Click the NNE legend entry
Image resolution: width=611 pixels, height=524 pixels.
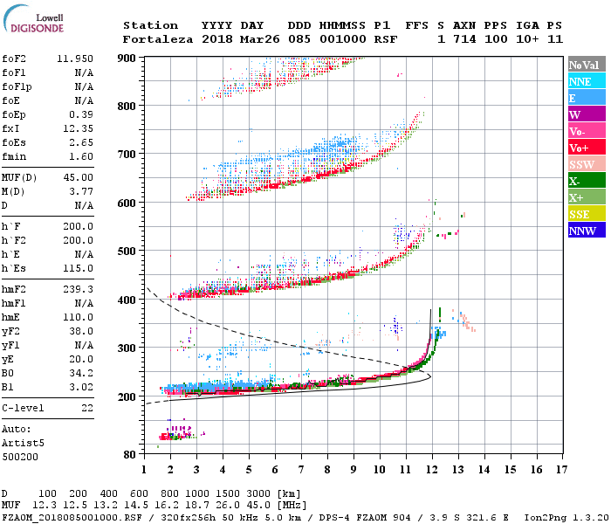(586, 81)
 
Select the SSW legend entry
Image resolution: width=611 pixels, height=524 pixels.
(586, 164)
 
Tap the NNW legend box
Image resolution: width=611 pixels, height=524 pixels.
(586, 231)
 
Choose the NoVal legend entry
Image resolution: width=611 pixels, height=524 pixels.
(586, 65)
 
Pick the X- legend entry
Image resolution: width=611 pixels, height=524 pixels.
(586, 181)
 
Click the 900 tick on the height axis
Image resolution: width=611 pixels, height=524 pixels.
(127, 58)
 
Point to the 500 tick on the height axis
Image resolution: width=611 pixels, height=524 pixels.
(127, 252)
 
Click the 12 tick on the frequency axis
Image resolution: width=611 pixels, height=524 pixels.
(431, 469)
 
